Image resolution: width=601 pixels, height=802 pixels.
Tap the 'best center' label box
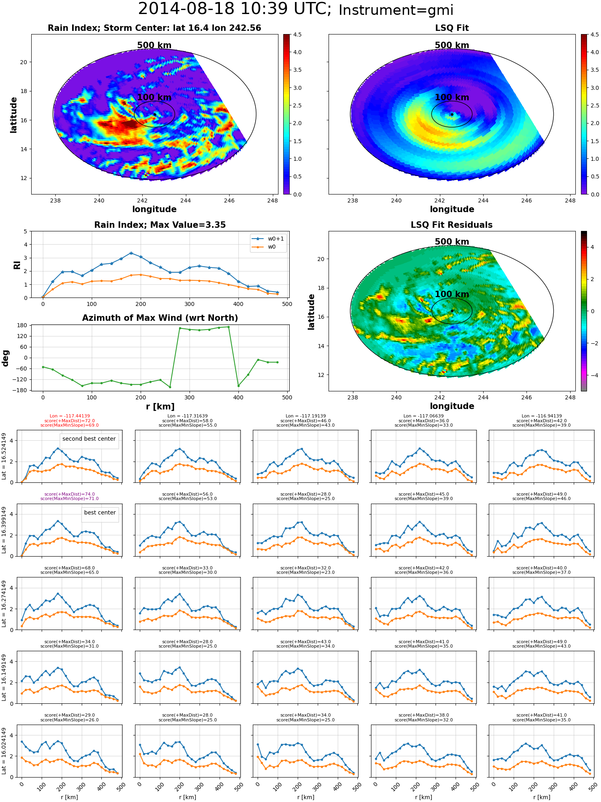100,512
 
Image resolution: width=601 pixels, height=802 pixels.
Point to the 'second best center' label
89,439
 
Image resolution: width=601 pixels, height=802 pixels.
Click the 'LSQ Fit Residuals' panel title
452,225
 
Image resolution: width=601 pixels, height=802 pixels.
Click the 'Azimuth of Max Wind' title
160,318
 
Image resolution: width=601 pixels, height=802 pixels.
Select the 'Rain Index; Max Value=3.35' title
160,225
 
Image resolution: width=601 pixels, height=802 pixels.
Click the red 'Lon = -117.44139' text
70,416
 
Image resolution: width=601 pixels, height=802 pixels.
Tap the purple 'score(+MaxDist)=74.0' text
70,494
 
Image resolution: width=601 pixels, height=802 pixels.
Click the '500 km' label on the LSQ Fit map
452,45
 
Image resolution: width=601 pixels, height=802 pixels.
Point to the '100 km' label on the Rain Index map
154,97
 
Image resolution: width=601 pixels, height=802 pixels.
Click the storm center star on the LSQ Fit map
452,114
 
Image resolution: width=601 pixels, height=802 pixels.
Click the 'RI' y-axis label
17,265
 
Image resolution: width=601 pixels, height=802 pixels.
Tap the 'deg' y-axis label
5,358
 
